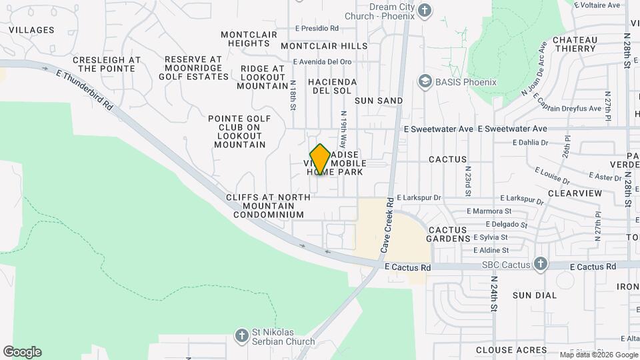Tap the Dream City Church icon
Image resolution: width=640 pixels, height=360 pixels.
pos(425,10)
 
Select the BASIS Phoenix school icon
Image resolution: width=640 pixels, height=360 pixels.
pos(424,81)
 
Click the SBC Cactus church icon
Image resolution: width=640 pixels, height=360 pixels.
pos(540,265)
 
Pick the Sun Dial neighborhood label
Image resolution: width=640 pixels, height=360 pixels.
pos(535,295)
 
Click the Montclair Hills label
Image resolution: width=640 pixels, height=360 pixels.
pos(324,46)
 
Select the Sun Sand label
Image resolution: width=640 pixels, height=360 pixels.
pos(379,101)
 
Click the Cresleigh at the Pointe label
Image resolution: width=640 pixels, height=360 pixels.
pos(107,64)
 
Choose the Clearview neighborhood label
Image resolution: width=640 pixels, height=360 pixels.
pos(575,193)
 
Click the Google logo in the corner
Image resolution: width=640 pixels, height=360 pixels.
pos(22,352)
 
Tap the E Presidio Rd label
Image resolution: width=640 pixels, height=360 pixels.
pos(317,29)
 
